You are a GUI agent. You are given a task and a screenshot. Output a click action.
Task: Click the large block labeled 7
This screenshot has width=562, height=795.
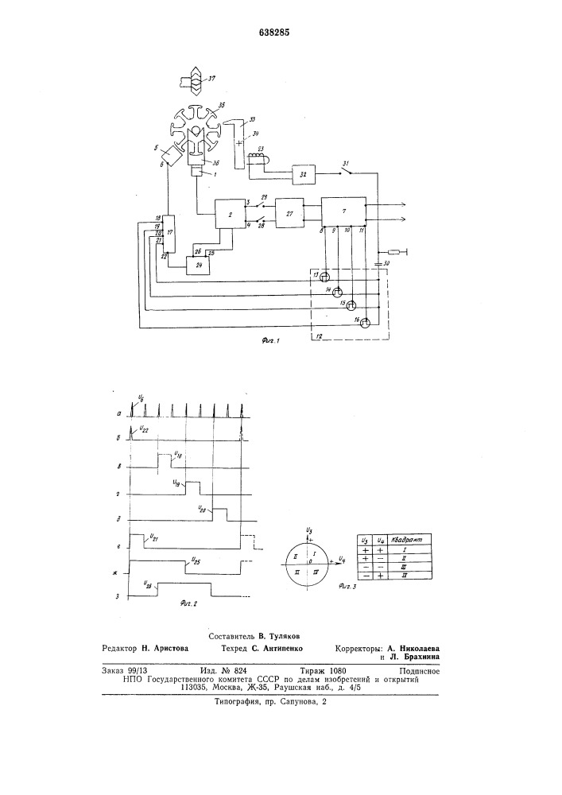click(343, 211)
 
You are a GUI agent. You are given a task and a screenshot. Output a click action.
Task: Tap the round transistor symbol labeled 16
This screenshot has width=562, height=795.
click(365, 322)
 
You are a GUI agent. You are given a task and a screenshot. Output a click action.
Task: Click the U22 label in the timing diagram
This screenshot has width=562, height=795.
click(143, 429)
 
